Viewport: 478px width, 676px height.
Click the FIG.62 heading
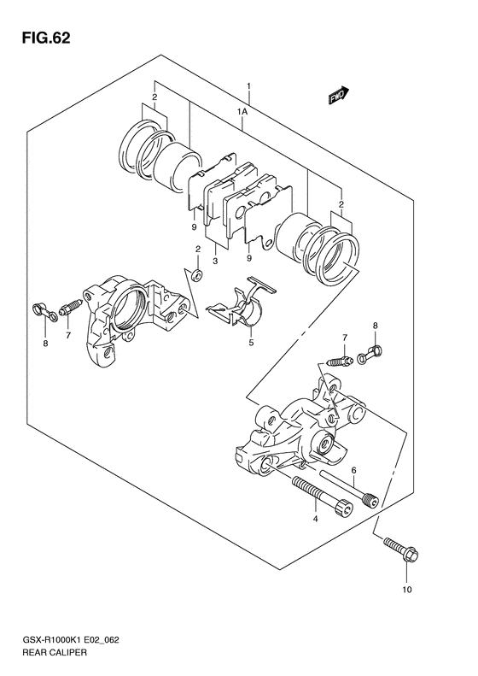tap(45, 38)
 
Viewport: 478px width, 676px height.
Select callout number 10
tap(407, 590)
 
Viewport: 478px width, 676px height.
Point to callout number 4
tap(315, 519)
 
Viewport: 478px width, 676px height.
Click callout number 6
tap(353, 470)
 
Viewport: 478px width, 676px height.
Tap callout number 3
tap(215, 261)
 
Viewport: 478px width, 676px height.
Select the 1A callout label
tap(242, 112)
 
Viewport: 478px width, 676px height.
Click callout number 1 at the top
tap(248, 86)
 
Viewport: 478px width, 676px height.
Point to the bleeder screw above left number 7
tap(72, 307)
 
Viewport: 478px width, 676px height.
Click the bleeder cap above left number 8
tap(44, 313)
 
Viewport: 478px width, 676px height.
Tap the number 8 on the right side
tap(375, 326)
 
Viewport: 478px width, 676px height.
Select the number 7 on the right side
tap(345, 337)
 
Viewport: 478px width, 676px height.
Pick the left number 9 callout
tap(195, 226)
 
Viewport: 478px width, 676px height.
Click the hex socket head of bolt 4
tap(345, 508)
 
